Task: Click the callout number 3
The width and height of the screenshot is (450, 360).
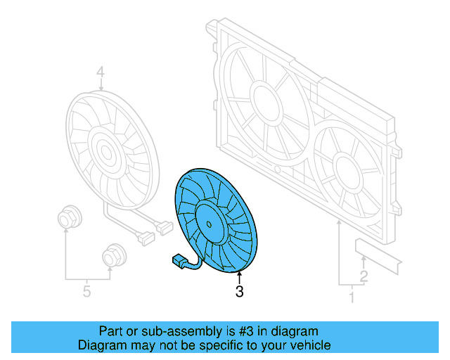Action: click(x=239, y=291)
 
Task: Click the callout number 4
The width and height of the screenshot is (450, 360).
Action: click(x=100, y=72)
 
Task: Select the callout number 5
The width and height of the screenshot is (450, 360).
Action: click(x=86, y=290)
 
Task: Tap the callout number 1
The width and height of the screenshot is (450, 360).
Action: click(x=352, y=297)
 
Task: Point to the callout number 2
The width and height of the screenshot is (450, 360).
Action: click(x=364, y=276)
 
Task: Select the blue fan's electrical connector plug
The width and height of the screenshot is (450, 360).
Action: click(x=179, y=262)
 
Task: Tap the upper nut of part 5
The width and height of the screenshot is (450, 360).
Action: click(x=67, y=217)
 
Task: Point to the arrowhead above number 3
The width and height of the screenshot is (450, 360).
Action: click(x=239, y=274)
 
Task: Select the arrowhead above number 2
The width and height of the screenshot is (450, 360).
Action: click(x=363, y=260)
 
